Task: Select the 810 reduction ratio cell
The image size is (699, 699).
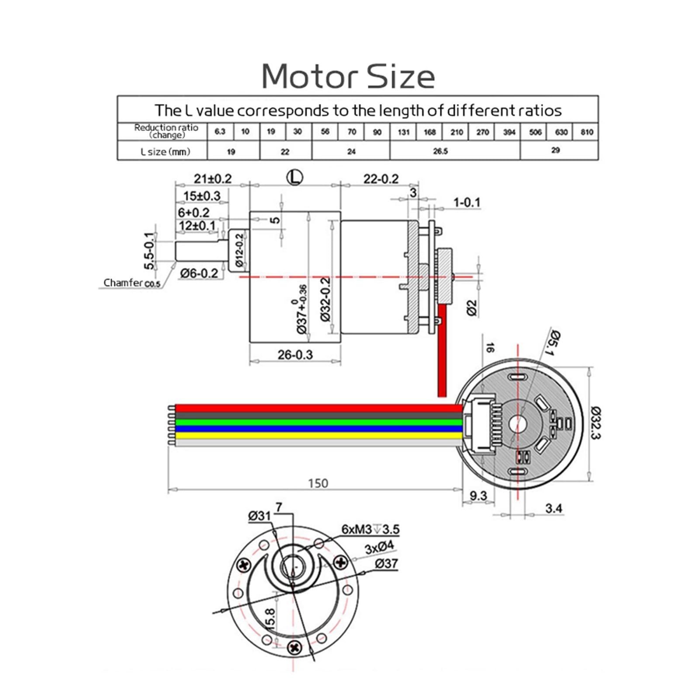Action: (587, 131)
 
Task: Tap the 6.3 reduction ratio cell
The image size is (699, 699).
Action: (220, 131)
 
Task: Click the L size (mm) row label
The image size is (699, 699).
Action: (166, 152)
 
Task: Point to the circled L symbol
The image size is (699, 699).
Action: (295, 177)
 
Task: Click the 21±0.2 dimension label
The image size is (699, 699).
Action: (213, 178)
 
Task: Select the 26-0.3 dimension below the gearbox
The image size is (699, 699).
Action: (295, 354)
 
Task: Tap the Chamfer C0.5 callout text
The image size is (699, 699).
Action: (132, 283)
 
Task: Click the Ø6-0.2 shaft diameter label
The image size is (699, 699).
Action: (199, 273)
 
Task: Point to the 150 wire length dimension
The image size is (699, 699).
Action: (318, 483)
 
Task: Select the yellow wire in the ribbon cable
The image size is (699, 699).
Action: (318, 436)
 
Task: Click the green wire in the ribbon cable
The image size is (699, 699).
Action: (318, 422)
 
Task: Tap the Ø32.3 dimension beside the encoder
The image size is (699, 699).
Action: (596, 423)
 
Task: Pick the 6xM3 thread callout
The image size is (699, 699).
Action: (370, 529)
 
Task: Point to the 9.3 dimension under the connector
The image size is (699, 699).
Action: (478, 495)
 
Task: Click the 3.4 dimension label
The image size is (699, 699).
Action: (554, 508)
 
